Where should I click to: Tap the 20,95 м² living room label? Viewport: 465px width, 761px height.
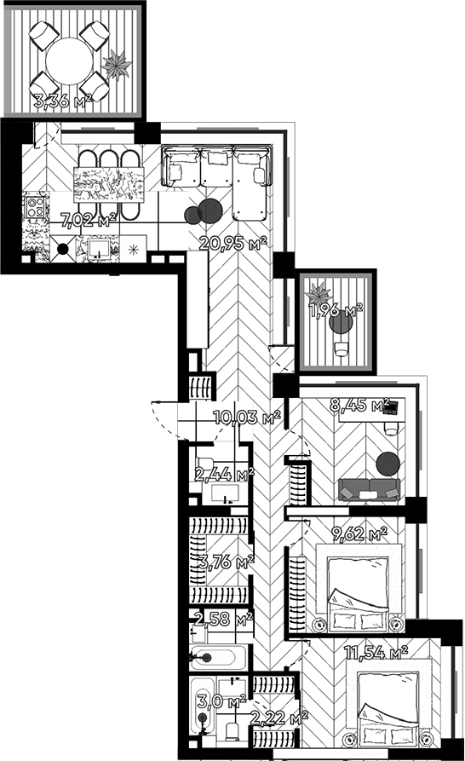click(x=233, y=243)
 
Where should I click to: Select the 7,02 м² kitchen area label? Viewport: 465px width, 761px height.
click(x=89, y=220)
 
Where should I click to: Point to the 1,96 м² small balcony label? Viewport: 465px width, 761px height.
click(x=337, y=310)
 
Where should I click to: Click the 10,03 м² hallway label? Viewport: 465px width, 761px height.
click(x=247, y=417)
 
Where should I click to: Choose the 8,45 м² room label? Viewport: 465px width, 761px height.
click(x=359, y=405)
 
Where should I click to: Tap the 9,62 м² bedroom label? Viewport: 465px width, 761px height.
click(x=359, y=534)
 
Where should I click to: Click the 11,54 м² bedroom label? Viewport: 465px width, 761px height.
click(x=376, y=652)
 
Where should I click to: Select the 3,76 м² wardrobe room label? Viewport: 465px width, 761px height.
click(x=227, y=562)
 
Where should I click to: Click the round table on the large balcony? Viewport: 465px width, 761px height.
click(x=69, y=61)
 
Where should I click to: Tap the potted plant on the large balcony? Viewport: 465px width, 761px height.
click(x=117, y=64)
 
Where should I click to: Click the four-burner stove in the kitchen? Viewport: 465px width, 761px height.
click(x=36, y=205)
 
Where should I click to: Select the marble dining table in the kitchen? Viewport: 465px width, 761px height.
click(x=109, y=184)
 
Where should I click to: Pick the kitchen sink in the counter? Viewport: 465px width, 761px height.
click(x=99, y=249)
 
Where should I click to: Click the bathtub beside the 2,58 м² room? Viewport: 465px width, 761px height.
click(x=218, y=658)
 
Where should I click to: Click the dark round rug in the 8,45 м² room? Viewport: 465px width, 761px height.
click(x=387, y=464)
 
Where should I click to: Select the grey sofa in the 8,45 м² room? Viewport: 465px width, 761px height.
click(x=370, y=490)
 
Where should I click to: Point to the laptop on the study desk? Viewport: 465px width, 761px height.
click(x=390, y=407)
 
